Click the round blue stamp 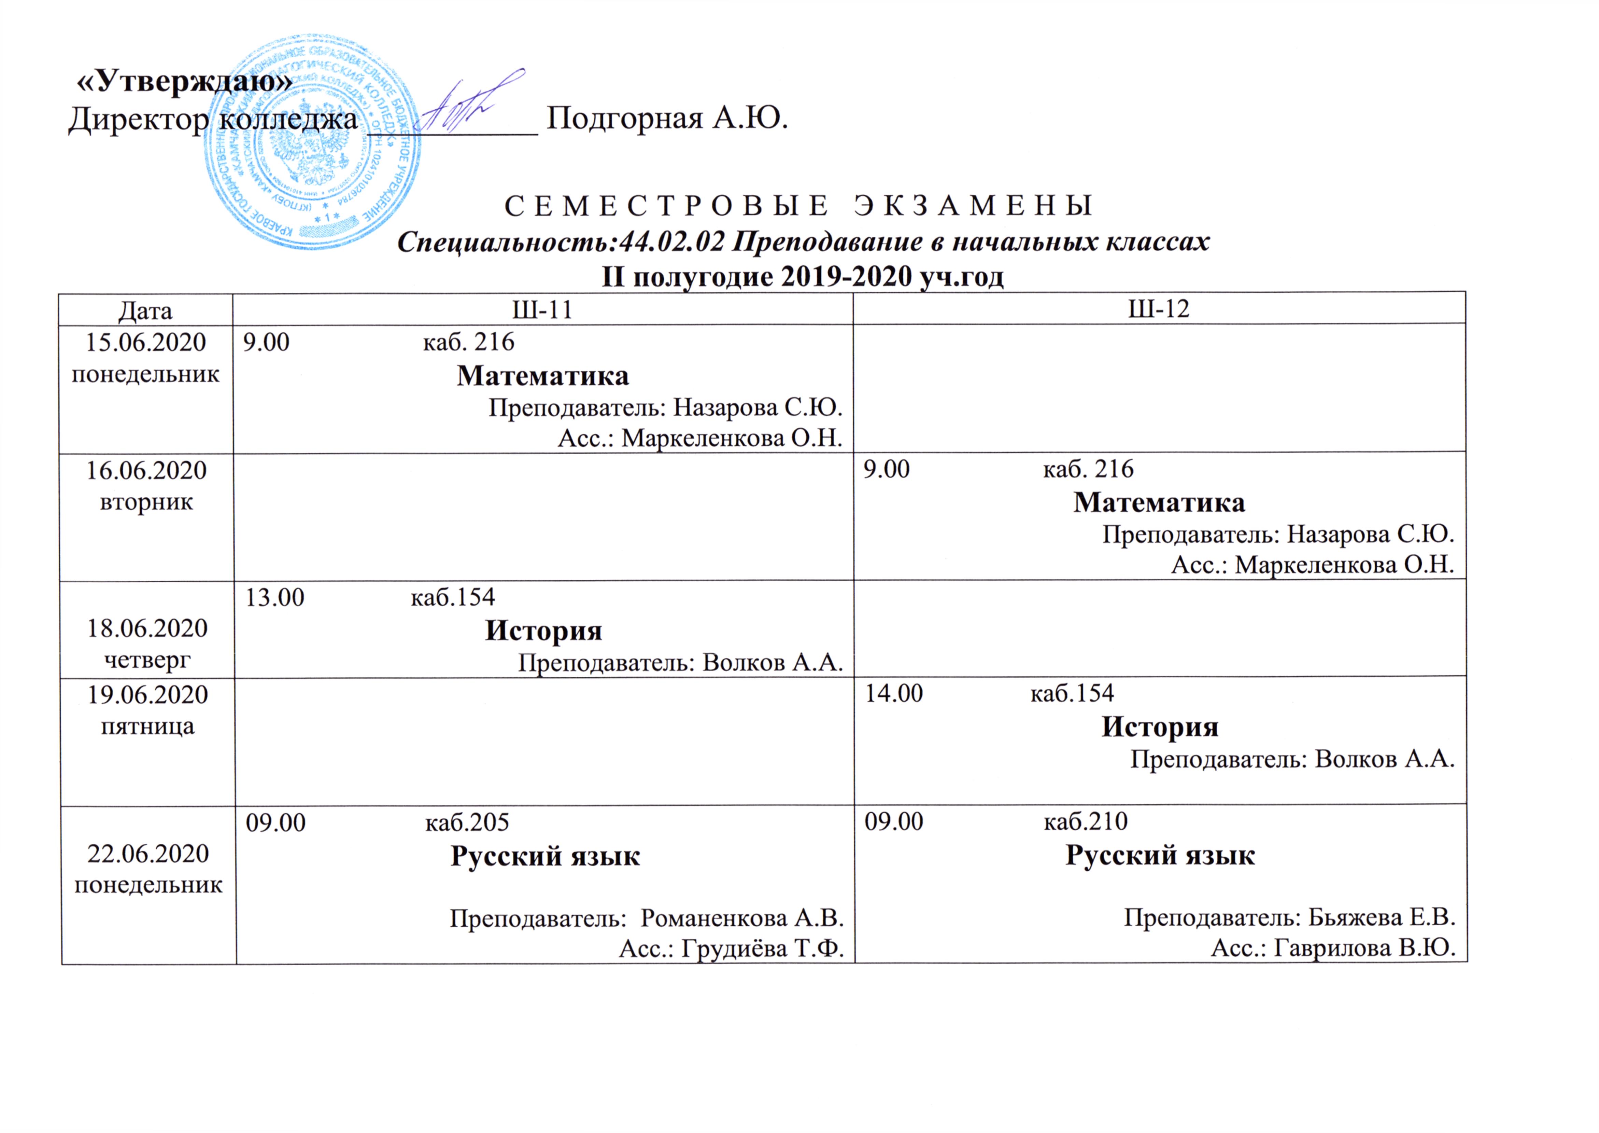tap(312, 139)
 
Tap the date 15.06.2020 tap(146, 343)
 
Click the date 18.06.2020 tap(147, 628)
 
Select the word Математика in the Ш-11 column tap(542, 376)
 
